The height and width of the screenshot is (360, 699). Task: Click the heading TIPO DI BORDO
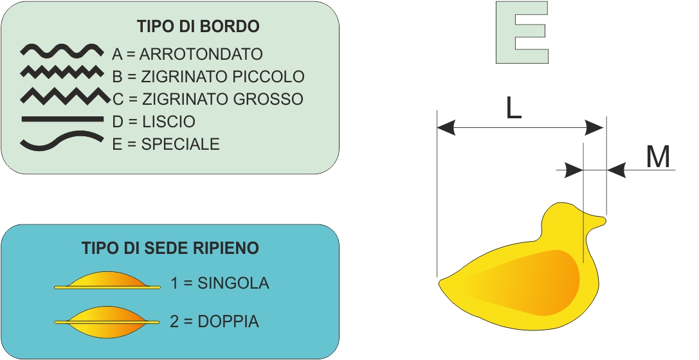click(x=198, y=26)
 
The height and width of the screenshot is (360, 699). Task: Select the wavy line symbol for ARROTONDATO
click(x=62, y=51)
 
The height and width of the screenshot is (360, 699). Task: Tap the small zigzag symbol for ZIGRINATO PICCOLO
click(x=62, y=71)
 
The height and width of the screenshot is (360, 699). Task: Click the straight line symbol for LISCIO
click(x=62, y=119)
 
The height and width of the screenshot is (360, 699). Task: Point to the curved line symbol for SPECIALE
click(x=62, y=140)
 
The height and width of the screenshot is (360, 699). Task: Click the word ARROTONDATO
click(x=201, y=55)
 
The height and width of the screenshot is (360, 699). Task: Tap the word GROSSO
click(x=262, y=99)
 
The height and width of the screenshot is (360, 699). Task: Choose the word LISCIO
click(x=168, y=122)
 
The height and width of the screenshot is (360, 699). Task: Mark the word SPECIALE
click(x=181, y=144)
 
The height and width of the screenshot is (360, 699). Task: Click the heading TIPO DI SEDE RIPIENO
click(x=170, y=248)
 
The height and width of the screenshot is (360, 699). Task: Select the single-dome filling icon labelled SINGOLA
click(x=107, y=281)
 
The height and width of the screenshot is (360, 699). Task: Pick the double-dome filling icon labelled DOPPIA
click(x=107, y=321)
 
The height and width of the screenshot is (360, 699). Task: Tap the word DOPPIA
click(x=228, y=321)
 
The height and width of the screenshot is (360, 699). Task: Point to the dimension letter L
click(x=514, y=108)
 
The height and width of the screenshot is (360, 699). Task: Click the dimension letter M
click(x=658, y=157)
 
